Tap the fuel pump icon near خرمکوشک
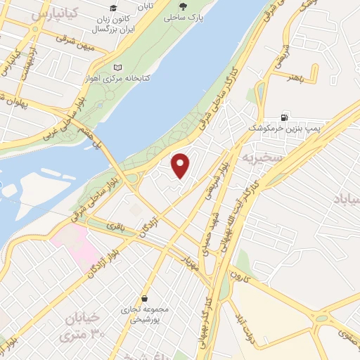pos(283,117)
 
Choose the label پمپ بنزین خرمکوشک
pos(283,129)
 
